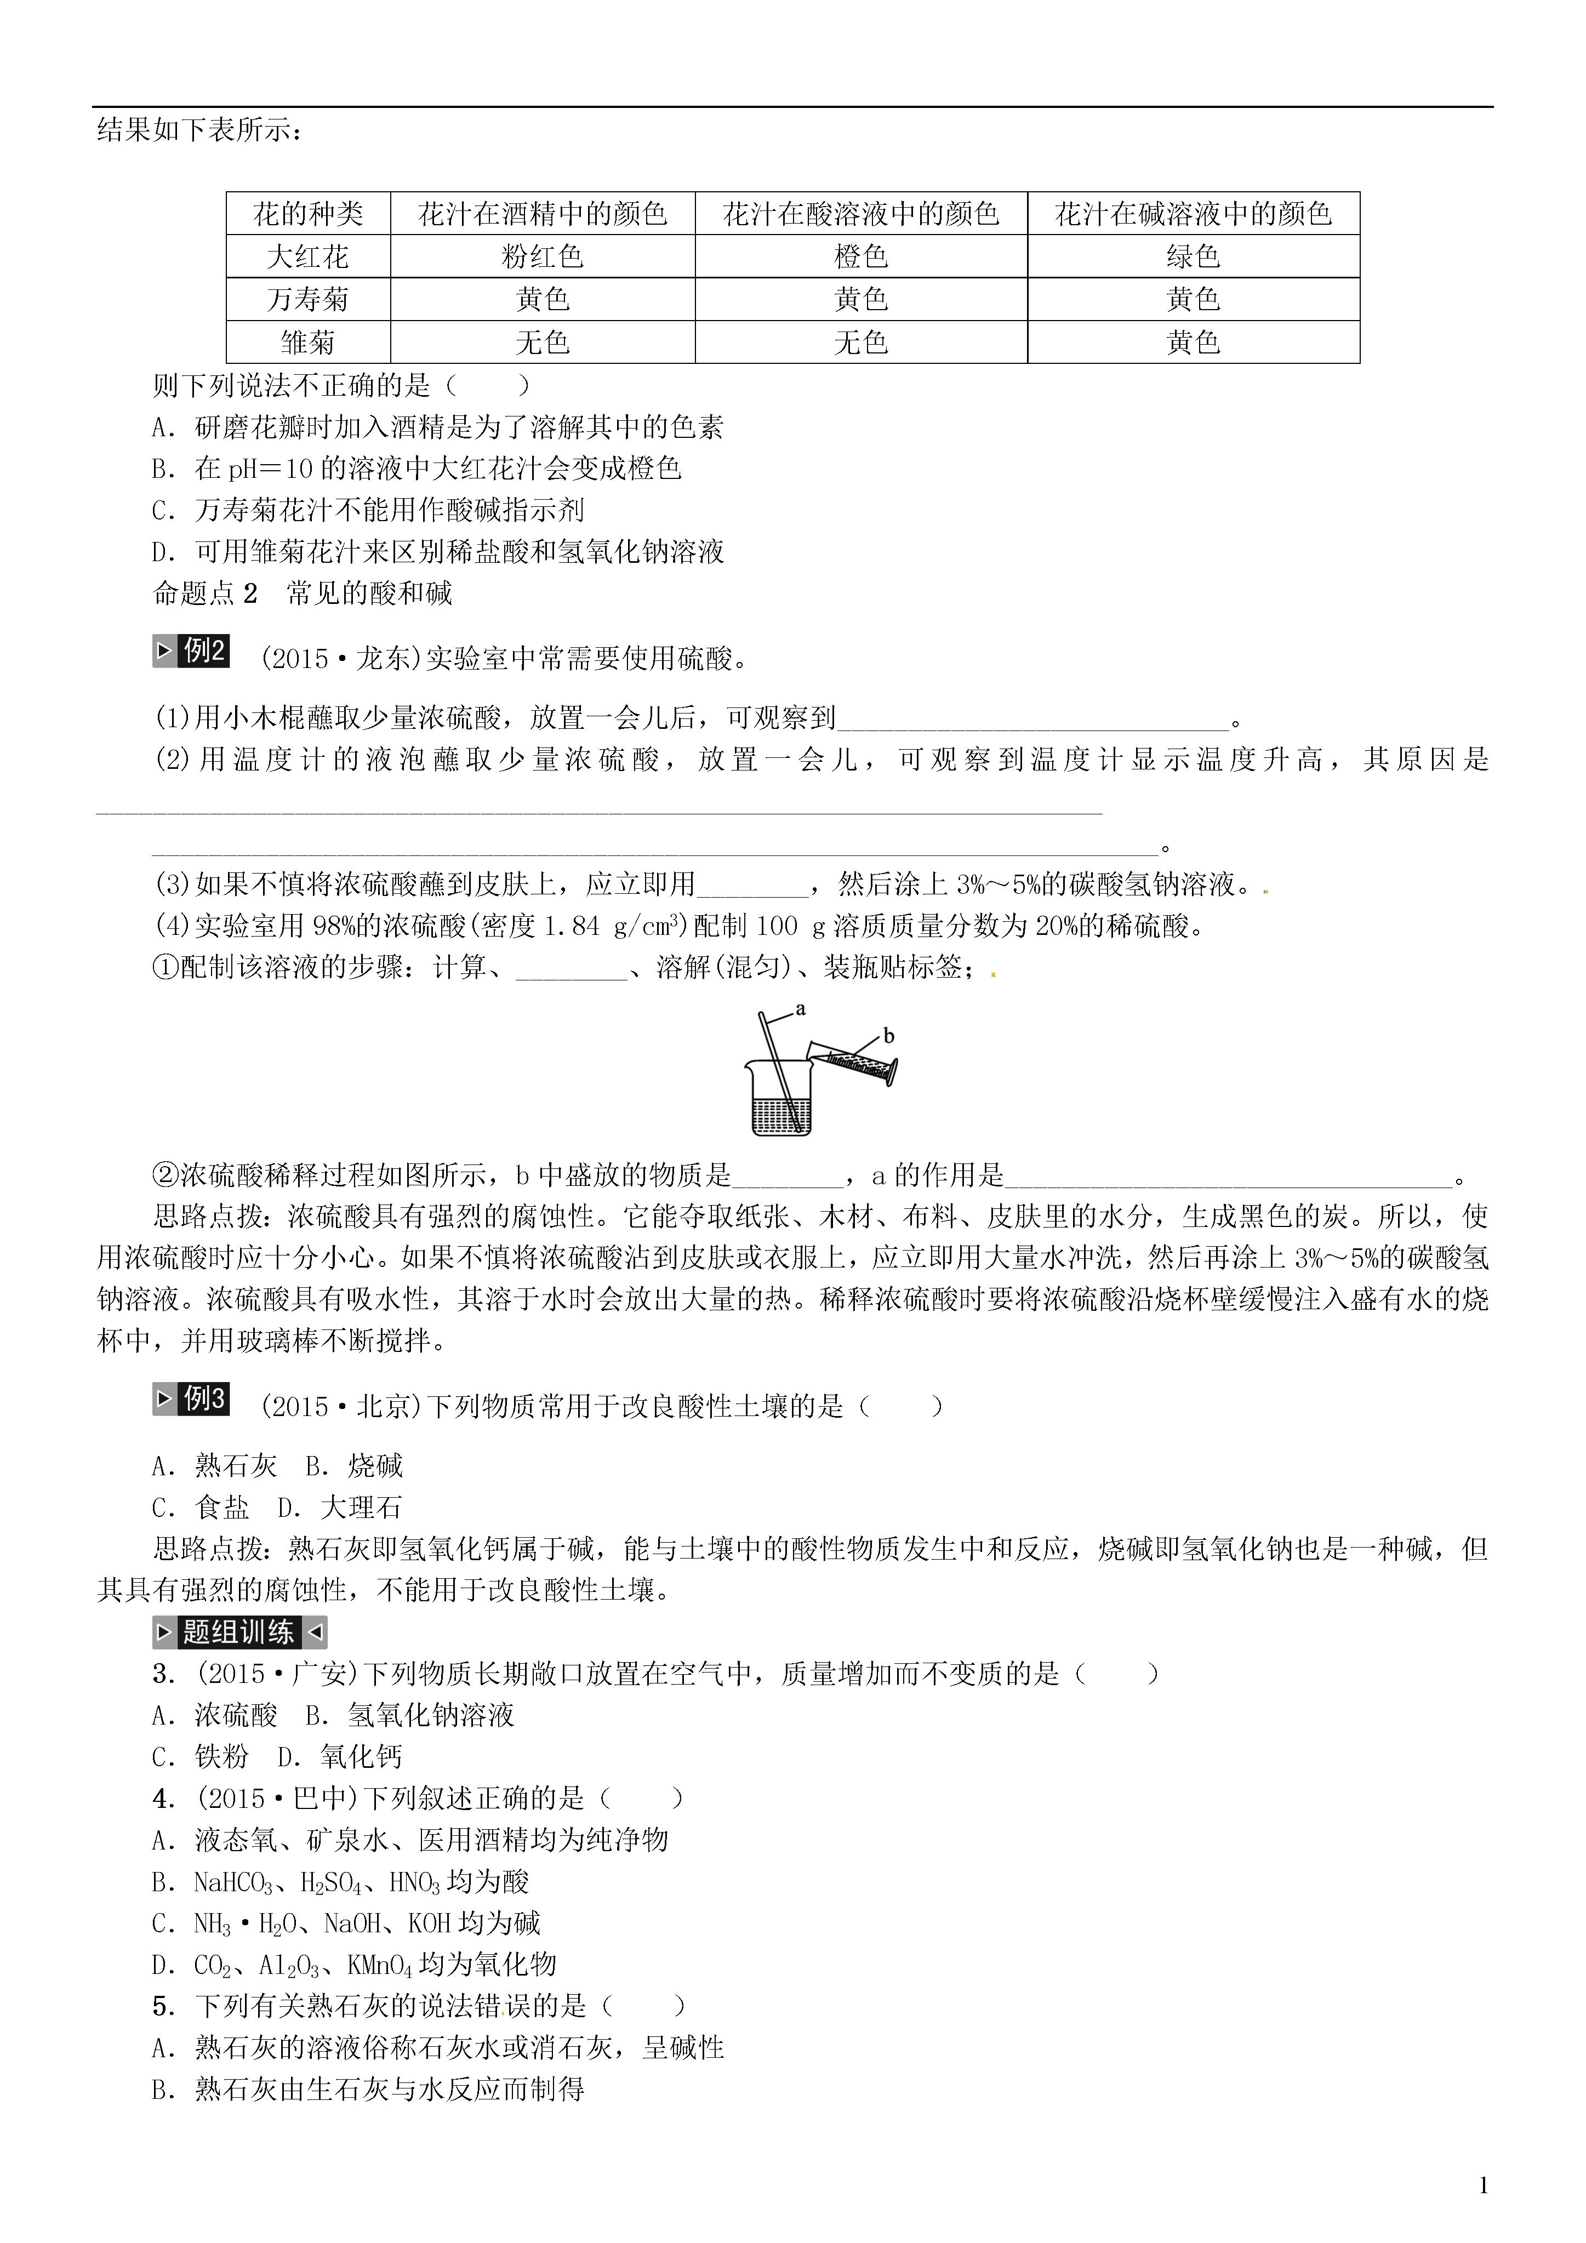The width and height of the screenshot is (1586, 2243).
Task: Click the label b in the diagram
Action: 888,1036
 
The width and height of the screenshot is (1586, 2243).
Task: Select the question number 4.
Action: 163,1799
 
